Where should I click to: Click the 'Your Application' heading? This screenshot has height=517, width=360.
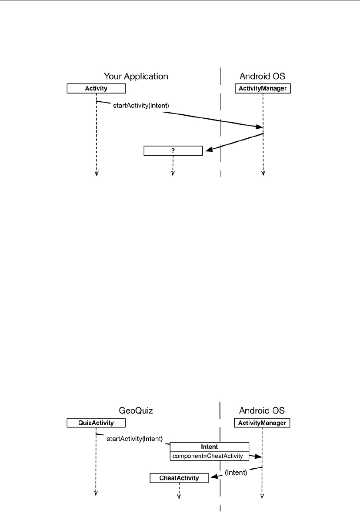pos(136,77)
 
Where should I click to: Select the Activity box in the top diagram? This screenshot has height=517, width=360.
pos(96,89)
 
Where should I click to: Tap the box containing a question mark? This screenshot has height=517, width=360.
pos(173,150)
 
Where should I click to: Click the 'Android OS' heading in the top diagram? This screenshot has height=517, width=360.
pos(263,77)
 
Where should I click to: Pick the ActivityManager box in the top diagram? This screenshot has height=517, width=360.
pos(263,89)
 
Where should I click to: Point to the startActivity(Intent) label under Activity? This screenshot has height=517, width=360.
pos(137,105)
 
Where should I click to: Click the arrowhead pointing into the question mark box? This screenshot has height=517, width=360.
pos(209,150)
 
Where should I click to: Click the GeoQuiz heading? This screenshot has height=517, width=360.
pos(136,410)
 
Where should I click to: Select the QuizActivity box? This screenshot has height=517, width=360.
pos(96,422)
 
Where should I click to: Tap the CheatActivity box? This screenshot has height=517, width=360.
pos(179,478)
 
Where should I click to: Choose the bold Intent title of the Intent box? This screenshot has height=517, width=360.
pos(210,447)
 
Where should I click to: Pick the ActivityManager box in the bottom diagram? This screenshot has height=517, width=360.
pos(263,422)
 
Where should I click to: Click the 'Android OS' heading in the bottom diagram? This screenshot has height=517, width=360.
pos(263,410)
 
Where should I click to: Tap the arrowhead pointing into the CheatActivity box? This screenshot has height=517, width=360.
pos(213,477)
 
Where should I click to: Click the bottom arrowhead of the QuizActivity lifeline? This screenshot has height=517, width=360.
pos(96,494)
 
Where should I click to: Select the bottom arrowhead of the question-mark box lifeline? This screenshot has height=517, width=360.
pos(173,173)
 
